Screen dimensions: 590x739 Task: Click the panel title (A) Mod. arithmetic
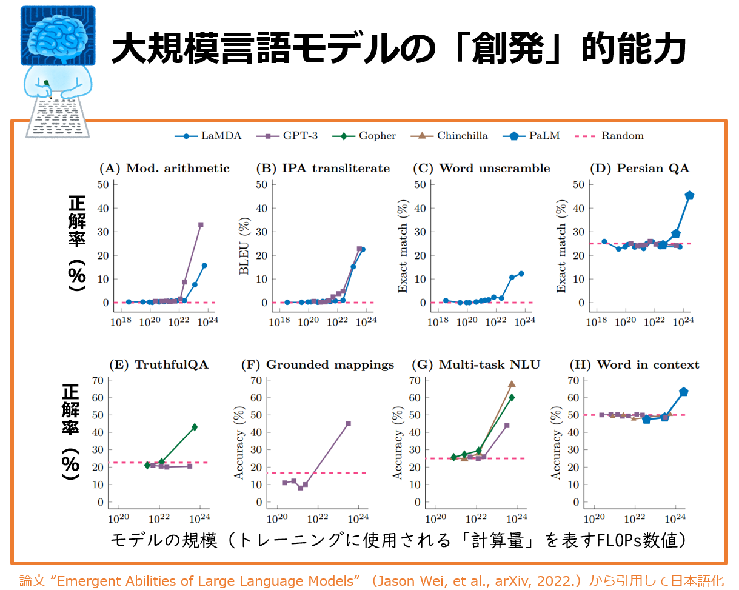click(164, 169)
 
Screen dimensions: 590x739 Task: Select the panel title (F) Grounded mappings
click(318, 364)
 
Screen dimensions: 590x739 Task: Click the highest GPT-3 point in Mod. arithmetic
click(201, 224)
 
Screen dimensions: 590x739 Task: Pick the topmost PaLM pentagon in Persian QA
click(689, 195)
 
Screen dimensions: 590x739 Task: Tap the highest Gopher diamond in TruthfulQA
click(195, 427)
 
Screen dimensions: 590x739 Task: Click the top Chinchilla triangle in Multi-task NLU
click(512, 384)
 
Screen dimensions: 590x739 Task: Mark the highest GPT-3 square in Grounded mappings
click(349, 423)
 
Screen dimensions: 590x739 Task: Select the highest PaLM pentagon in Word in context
click(683, 392)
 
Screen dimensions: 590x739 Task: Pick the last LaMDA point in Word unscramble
click(521, 273)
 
